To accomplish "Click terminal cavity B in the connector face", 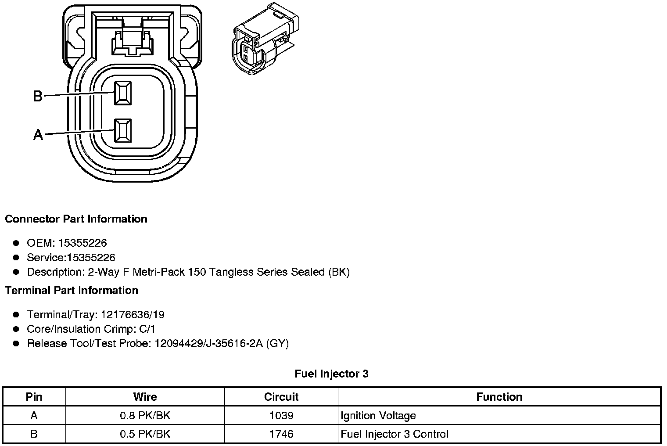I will [123, 93].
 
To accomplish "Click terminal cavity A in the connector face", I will [123, 130].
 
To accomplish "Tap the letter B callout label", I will [38, 96].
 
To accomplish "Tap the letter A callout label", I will [38, 135].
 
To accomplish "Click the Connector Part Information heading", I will [76, 219].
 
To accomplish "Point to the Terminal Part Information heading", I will [72, 291].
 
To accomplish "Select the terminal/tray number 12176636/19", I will [133, 315].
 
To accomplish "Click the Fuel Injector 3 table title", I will [332, 374].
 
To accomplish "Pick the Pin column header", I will [34, 397].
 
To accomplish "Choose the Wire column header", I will [145, 397].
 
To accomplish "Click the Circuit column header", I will [281, 397].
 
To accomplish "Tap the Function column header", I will [499, 397].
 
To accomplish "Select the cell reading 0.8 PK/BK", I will [145, 416].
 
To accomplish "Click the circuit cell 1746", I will [281, 434].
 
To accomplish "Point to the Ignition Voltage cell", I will [378, 416].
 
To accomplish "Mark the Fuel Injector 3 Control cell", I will [394, 434].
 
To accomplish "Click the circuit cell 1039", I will [281, 416].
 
